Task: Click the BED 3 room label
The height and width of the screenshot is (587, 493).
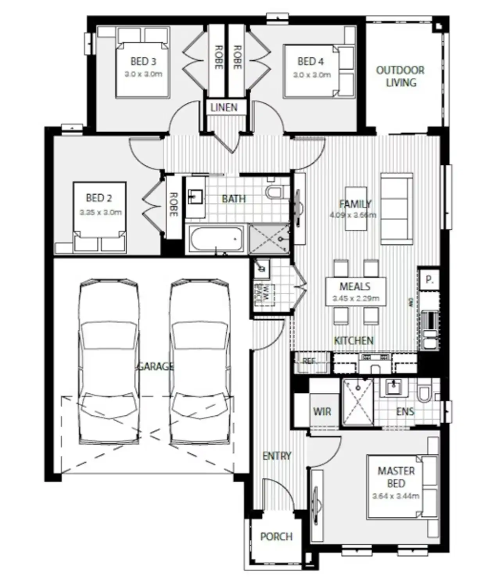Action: tap(143, 61)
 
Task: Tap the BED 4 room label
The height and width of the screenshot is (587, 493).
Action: tap(310, 61)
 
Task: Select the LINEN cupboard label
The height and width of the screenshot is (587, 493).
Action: tap(224, 107)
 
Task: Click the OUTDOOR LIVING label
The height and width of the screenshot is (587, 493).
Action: tap(400, 76)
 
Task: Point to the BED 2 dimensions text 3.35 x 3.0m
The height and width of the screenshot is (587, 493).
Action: tap(101, 212)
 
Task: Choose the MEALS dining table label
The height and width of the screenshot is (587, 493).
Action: tap(355, 286)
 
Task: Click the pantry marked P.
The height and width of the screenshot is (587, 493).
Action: tap(429, 280)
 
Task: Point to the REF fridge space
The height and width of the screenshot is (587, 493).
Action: tap(310, 361)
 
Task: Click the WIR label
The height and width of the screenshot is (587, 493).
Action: tap(322, 411)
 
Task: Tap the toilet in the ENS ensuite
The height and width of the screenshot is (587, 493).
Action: tap(423, 393)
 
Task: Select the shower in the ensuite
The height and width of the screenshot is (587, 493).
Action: tap(357, 401)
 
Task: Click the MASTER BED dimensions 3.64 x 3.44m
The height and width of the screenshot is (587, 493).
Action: tap(396, 496)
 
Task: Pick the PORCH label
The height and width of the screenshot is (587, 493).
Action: tap(276, 536)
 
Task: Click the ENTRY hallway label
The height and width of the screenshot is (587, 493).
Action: tap(276, 456)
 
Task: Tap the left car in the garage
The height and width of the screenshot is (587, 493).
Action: tap(109, 362)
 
